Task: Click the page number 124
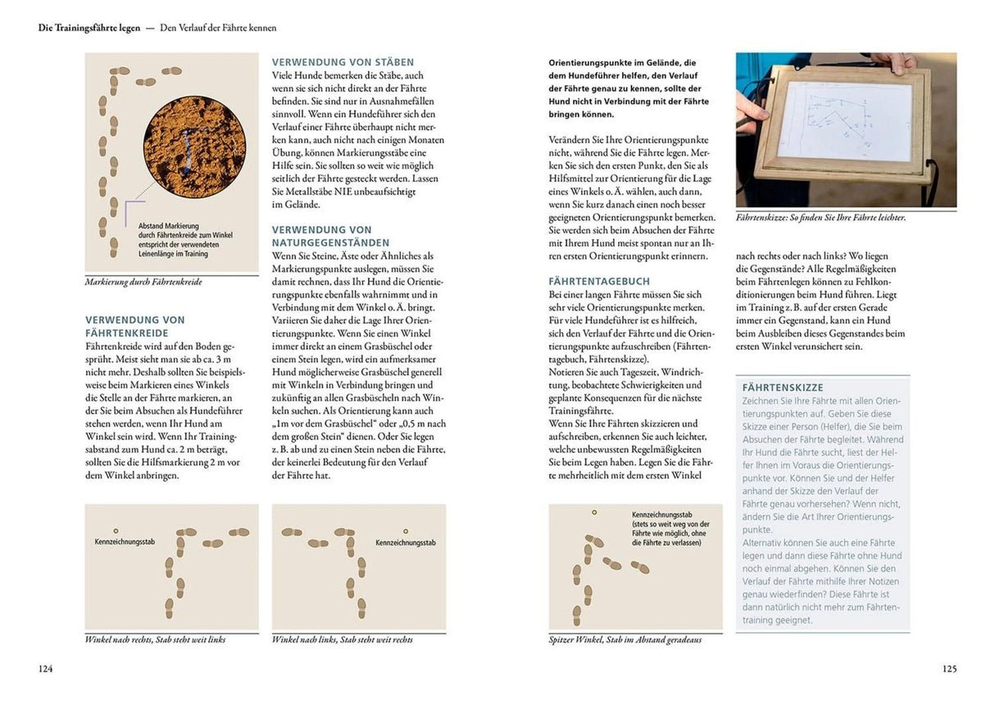pos(46,668)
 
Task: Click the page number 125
pos(949,668)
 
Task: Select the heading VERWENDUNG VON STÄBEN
pos(343,62)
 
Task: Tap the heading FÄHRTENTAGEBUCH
pos(599,281)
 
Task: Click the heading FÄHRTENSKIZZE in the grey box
pos(783,387)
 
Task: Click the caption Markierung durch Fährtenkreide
pos(143,282)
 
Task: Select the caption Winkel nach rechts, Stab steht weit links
pos(155,639)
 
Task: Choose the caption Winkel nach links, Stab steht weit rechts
pos(342,639)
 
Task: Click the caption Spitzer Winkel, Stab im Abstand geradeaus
pos(625,639)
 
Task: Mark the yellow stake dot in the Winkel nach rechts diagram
pos(116,531)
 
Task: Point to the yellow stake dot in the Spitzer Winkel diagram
pos(595,512)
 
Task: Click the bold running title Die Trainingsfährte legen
pos(89,28)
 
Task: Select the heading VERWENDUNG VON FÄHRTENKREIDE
pos(135,327)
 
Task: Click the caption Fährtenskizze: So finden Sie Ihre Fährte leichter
pos(820,218)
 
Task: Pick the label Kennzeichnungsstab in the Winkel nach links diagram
pos(405,542)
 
